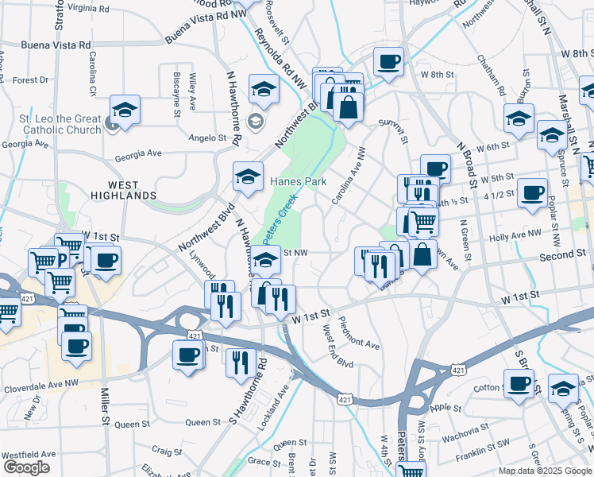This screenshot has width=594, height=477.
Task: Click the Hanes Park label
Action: [298, 181]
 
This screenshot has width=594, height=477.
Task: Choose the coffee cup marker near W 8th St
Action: [388, 61]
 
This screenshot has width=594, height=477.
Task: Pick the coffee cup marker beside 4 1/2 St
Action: [532, 192]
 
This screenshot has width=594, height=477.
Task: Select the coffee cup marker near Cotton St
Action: [519, 383]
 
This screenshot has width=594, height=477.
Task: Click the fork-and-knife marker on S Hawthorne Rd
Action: [241, 362]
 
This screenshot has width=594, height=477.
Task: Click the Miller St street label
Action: [104, 406]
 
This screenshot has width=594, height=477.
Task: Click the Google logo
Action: [26, 467]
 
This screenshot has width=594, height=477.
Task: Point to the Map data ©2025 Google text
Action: [544, 471]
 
